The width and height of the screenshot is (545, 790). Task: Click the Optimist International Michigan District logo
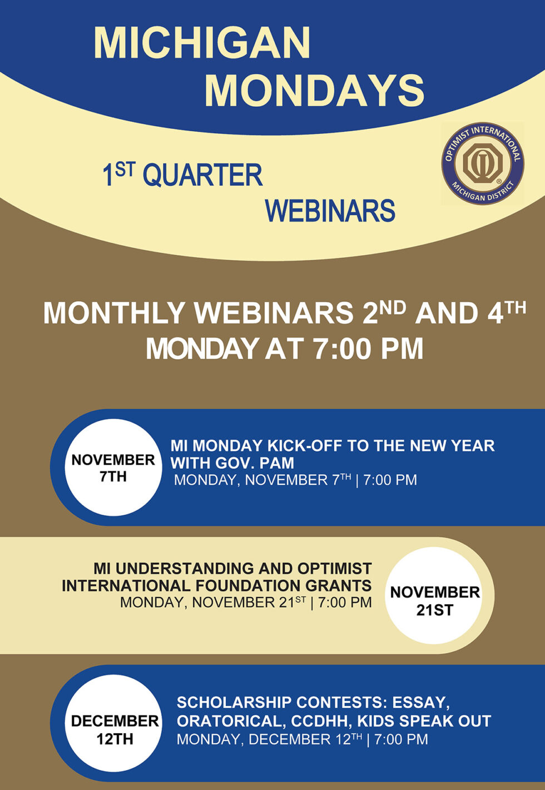482,163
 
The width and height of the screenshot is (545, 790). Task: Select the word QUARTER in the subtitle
202,176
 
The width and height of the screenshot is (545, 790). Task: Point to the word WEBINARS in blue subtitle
330,211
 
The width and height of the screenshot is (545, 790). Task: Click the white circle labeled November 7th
113,468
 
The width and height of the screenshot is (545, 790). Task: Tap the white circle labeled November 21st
434,600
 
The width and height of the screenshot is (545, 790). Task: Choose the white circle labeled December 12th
115,729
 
